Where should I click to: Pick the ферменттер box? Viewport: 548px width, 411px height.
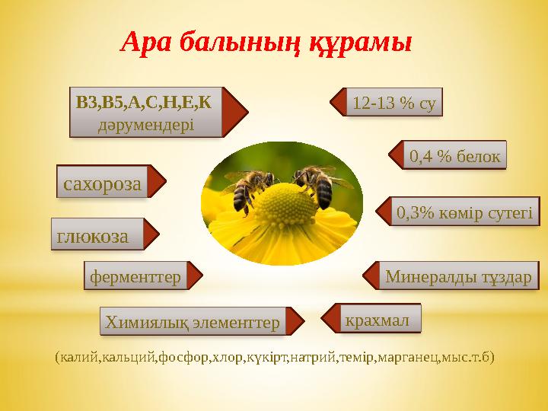[135, 277]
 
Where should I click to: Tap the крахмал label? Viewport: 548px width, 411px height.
[378, 319]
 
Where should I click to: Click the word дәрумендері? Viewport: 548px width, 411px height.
[146, 123]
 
